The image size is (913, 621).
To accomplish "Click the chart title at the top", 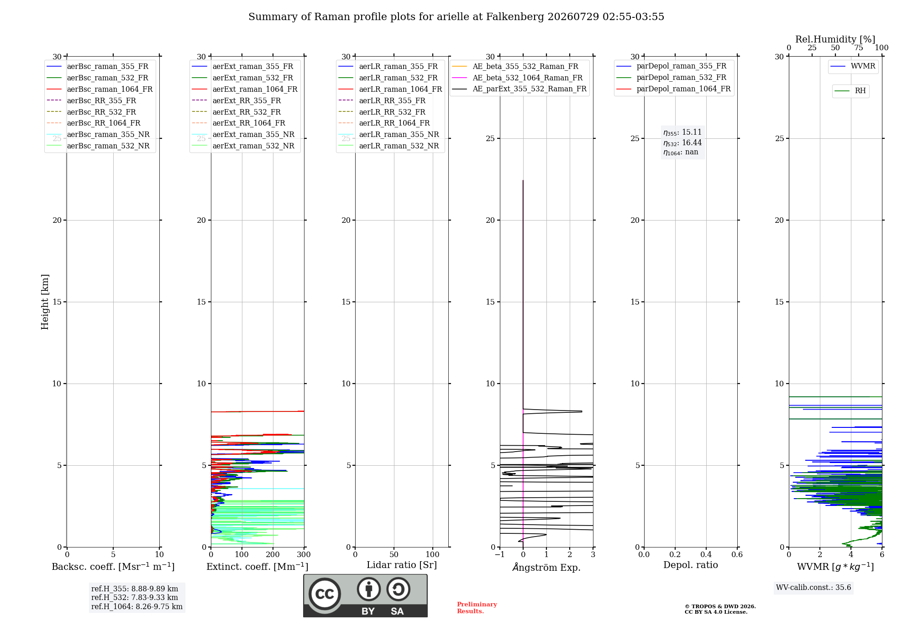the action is click(x=456, y=17).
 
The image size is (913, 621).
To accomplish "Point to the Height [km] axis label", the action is click(x=45, y=302).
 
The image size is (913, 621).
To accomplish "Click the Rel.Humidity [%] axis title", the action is click(x=835, y=39).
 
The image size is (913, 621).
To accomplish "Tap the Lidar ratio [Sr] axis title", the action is click(x=402, y=565).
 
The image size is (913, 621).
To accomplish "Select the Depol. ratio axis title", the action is click(x=690, y=565).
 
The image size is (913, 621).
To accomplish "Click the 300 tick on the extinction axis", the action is click(x=304, y=555).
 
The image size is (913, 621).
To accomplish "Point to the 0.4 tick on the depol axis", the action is click(x=706, y=555).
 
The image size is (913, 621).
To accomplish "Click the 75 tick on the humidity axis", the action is click(x=858, y=48).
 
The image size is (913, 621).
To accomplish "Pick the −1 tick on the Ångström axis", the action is click(x=499, y=555).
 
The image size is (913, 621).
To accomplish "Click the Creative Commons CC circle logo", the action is click(x=325, y=594).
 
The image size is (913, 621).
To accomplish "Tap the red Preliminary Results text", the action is click(x=477, y=608).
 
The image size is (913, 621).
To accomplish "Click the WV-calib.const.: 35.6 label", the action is click(x=813, y=588).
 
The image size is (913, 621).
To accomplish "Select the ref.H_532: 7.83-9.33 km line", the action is click(x=135, y=597).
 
